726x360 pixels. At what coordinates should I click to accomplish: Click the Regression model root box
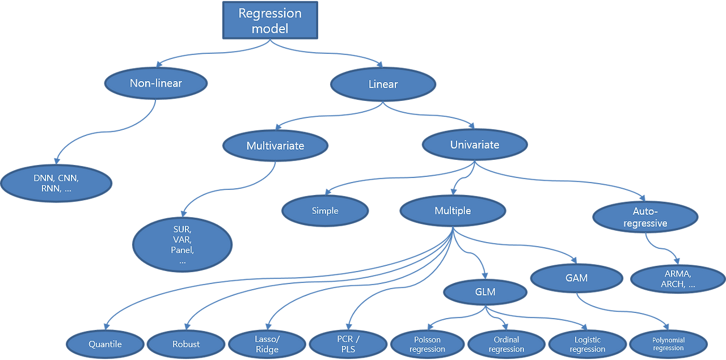coord(270,20)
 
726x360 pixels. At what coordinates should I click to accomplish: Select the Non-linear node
coord(156,83)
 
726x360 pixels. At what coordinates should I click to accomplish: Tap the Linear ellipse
coord(383,84)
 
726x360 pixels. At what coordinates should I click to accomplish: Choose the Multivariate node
coord(275,146)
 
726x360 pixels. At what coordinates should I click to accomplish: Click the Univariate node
coord(475,145)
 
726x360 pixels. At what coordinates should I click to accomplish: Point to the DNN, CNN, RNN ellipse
coord(56,183)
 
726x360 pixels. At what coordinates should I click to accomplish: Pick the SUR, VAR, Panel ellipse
coord(182,244)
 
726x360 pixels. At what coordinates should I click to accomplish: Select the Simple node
coord(325,211)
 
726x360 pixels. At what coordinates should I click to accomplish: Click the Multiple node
coord(453,211)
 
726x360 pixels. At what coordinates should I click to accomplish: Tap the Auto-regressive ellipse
coord(645,217)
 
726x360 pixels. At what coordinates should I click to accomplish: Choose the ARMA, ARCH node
coord(677,279)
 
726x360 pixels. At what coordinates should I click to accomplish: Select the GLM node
coord(485,292)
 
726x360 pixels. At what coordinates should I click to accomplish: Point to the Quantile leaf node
coord(105,344)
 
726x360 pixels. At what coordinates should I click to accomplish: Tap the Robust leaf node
coord(186,344)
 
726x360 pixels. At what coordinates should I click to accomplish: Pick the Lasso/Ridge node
coord(267,344)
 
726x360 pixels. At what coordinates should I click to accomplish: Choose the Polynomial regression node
coord(668,344)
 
